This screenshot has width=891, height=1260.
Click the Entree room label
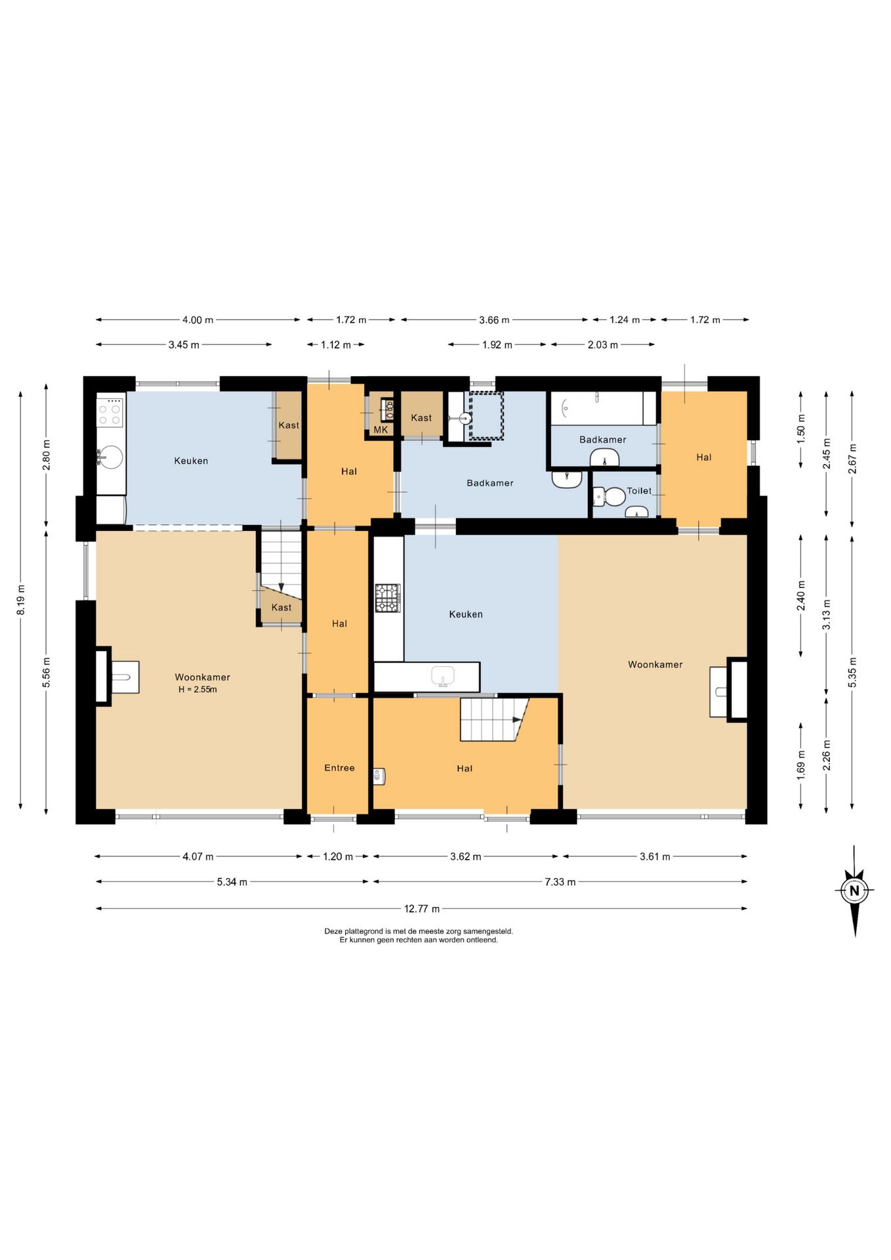pos(339,768)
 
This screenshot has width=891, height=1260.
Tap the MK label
pos(381,430)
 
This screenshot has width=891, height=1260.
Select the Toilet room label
pos(639,491)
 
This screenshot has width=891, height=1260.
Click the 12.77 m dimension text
pos(422,909)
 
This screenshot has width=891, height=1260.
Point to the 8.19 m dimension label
pos(21,600)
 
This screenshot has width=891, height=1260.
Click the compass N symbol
pos(854,891)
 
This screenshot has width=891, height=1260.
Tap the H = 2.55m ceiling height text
pos(197,690)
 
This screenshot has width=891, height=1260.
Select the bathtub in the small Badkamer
pos(603,408)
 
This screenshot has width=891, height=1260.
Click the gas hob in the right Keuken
pos(388,598)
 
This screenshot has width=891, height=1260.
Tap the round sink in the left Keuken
pos(110,457)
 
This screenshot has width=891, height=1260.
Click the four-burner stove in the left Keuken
pos(110,413)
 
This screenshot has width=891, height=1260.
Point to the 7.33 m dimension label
pos(560,882)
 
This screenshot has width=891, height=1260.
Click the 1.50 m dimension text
pos(800,430)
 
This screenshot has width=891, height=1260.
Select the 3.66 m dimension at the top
pos(494,320)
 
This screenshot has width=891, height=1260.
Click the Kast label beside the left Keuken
pos(289,425)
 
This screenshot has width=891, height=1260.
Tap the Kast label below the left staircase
pos(281,608)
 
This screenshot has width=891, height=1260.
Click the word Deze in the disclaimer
pos(333,931)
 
